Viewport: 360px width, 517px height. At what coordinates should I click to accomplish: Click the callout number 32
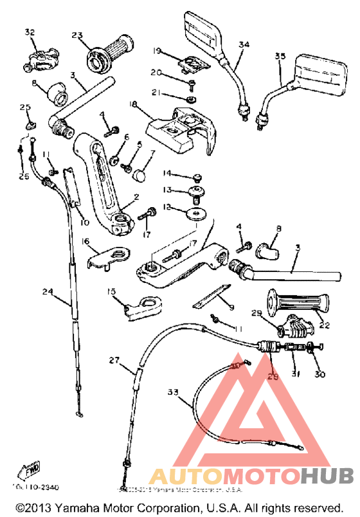click(29, 32)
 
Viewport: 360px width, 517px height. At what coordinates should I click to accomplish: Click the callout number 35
click(280, 57)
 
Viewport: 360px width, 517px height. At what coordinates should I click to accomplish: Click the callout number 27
click(114, 361)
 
